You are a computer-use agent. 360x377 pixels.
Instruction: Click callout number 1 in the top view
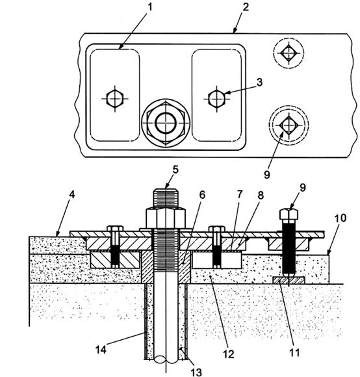pyautogui.click(x=150, y=7)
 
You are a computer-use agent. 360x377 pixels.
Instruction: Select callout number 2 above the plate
pyautogui.click(x=246, y=7)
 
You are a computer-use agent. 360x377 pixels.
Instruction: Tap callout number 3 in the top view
pyautogui.click(x=259, y=83)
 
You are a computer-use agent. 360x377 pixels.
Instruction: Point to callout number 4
pyautogui.click(x=72, y=195)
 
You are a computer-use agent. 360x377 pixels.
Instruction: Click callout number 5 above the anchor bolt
pyautogui.click(x=175, y=170)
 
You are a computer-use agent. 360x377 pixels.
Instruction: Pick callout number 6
pyautogui.click(x=202, y=195)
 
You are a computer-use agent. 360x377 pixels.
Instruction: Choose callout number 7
pyautogui.click(x=239, y=194)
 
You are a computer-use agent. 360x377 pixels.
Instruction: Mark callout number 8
pyautogui.click(x=261, y=196)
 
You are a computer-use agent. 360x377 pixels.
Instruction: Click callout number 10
pyautogui.click(x=340, y=218)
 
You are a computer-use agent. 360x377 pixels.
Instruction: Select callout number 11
pyautogui.click(x=294, y=353)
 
